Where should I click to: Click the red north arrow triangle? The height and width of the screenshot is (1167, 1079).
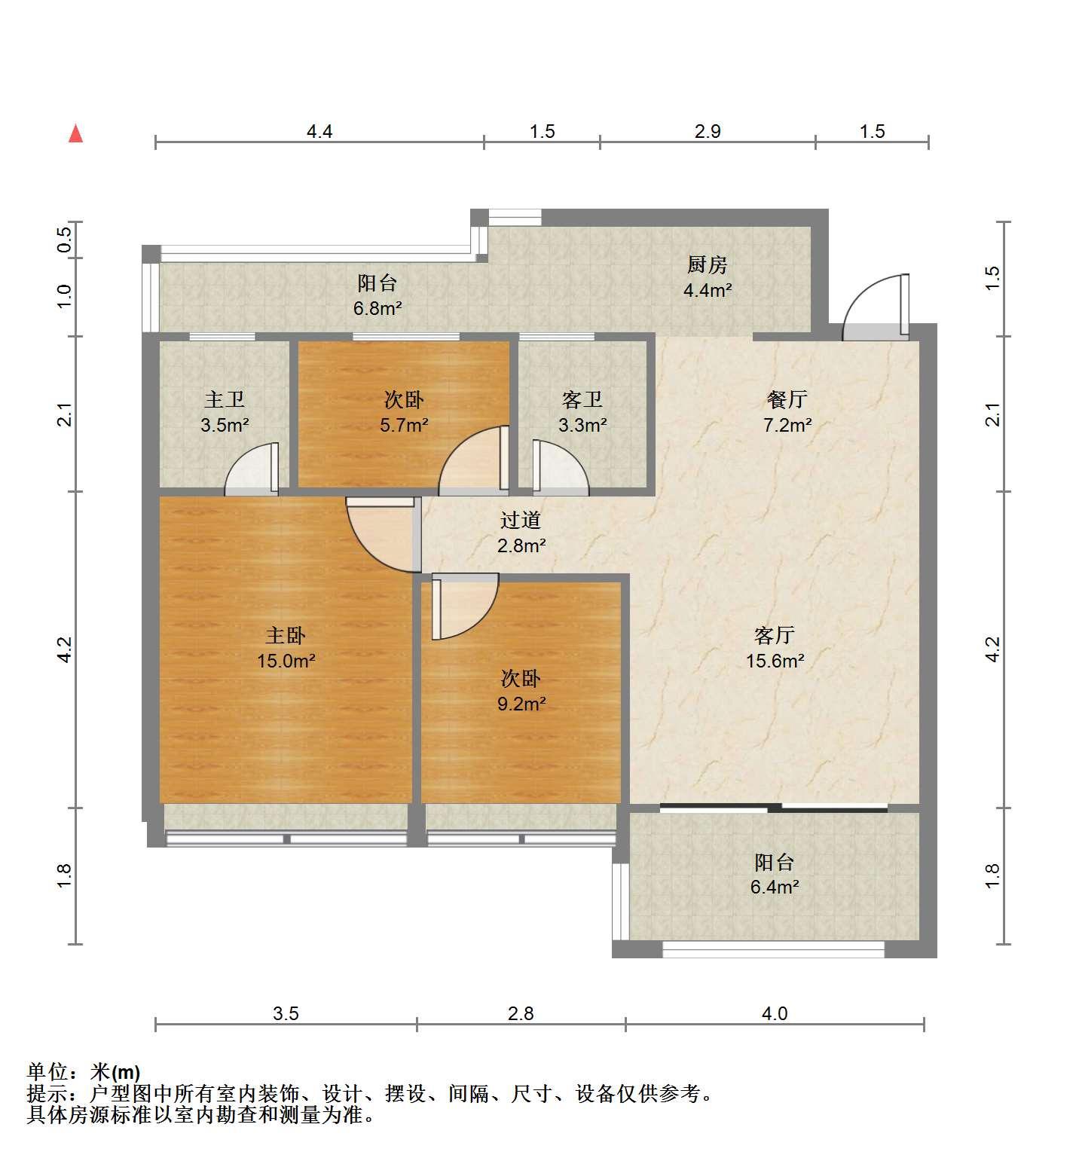[75, 133]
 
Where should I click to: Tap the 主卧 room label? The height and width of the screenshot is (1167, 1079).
[286, 636]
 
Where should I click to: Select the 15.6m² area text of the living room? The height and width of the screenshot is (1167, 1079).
[775, 661]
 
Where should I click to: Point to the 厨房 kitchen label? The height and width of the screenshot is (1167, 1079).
[708, 265]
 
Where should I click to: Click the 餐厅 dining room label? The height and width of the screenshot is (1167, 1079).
[787, 399]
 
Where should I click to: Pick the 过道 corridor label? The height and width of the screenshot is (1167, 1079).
[521, 520]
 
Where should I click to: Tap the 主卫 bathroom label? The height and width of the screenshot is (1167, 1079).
[225, 399]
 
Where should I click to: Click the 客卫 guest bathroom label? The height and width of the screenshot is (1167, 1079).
[582, 399]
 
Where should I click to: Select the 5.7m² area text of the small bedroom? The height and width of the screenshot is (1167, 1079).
[404, 426]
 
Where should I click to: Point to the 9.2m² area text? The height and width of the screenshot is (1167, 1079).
[521, 704]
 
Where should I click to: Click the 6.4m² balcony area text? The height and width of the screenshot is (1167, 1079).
[775, 887]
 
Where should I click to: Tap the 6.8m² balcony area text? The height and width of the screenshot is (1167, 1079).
[377, 309]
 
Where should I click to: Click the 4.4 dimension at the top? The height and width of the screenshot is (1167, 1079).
[319, 132]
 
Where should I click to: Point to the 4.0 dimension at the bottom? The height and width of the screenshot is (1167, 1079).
[775, 1014]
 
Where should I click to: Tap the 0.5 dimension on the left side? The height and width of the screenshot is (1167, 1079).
[65, 240]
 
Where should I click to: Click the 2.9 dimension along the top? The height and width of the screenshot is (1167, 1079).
[708, 132]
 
